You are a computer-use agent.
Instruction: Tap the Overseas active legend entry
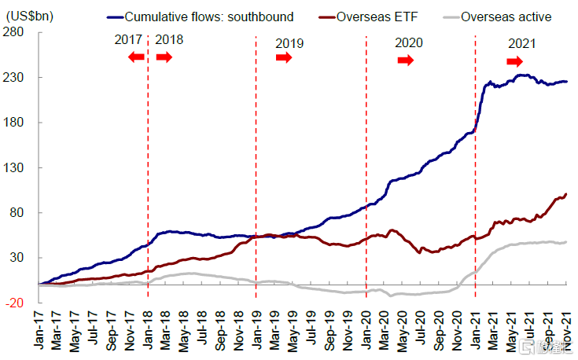[x=506, y=17]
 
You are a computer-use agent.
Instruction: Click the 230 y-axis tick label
[x=18, y=78]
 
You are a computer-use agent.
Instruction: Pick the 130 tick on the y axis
[x=18, y=168]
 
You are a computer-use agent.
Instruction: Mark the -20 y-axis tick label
[x=18, y=303]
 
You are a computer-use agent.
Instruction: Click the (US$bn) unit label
[x=29, y=16]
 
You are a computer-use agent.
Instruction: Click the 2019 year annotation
[x=289, y=44]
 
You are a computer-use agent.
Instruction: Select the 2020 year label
[x=408, y=42]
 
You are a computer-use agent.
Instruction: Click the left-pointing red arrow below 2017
[x=136, y=57]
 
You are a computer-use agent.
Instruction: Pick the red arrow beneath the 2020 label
[x=405, y=61]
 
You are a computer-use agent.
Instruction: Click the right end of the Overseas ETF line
[x=566, y=193]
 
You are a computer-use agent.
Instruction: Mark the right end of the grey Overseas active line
[x=566, y=242]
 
